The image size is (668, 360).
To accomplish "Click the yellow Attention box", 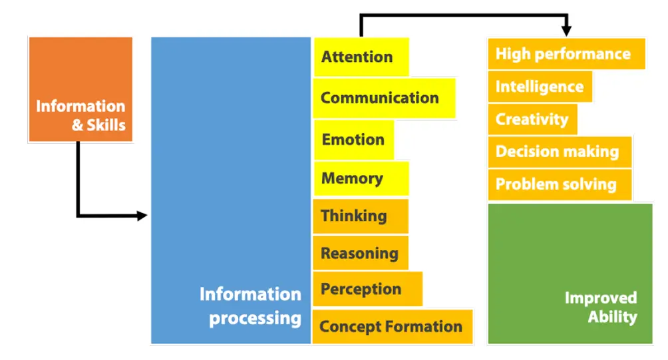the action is click(x=361, y=57).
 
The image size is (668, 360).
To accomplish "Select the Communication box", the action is click(x=385, y=98).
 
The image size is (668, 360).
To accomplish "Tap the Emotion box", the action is click(x=353, y=140).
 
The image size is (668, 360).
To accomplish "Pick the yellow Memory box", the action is click(x=361, y=178).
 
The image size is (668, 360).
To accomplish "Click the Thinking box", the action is click(x=361, y=216).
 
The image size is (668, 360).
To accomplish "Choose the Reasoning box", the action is click(x=361, y=253).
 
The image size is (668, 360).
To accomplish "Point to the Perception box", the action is click(x=368, y=289).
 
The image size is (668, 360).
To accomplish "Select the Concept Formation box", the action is click(x=393, y=326).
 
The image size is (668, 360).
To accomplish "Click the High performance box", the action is click(x=566, y=54).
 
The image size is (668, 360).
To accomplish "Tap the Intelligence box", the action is click(x=540, y=87).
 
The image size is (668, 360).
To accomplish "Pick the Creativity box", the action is click(x=532, y=119).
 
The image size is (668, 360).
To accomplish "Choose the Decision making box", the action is click(x=560, y=152).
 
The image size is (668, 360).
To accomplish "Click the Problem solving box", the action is click(x=560, y=184).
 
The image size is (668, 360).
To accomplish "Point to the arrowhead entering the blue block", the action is click(x=142, y=216).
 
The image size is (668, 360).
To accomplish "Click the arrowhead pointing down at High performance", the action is click(x=566, y=31).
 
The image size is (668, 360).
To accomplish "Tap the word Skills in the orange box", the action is click(x=106, y=125).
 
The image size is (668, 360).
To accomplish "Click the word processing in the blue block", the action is click(x=255, y=319).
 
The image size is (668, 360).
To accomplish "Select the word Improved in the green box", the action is click(x=601, y=298).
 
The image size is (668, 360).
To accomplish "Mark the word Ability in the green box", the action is click(x=613, y=317).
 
